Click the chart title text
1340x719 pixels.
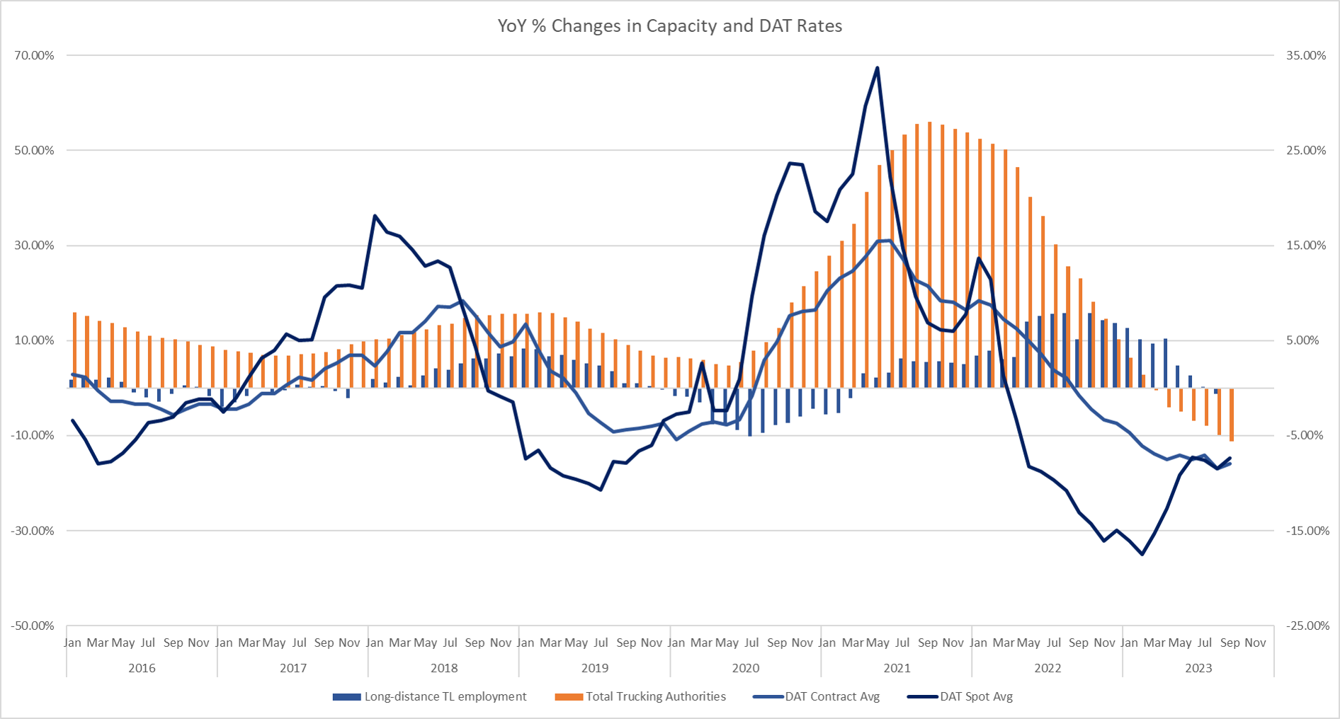pos(669,26)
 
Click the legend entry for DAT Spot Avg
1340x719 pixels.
pos(975,696)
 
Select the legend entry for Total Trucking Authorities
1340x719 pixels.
pos(655,696)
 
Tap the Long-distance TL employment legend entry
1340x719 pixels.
pos(444,696)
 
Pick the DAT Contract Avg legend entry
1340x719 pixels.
pos(831,696)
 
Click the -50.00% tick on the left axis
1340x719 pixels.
pos(33,626)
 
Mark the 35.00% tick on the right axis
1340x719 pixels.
pos(1305,55)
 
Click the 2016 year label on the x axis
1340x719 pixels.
pos(142,668)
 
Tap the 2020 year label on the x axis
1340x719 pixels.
pos(745,668)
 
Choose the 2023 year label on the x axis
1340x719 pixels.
pos(1198,668)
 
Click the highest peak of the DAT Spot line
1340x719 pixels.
pos(878,68)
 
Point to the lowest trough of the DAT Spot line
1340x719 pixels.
pos(1142,554)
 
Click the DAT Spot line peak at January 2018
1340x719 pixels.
pos(375,215)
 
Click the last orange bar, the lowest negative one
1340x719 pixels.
pos(1232,415)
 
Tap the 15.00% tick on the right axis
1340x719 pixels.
pos(1305,246)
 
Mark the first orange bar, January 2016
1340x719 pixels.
pos(74,350)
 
